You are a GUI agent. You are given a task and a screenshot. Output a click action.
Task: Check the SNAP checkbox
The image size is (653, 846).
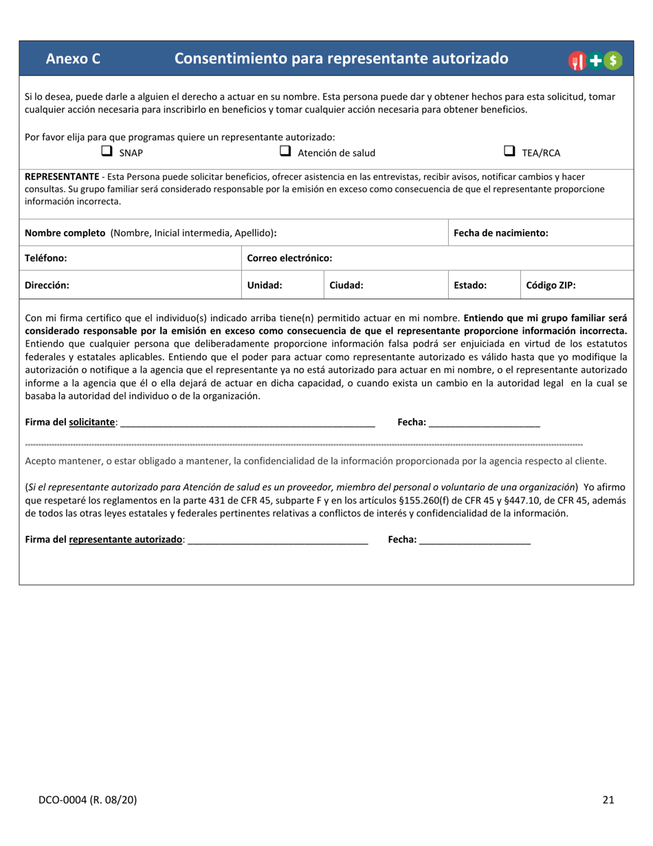pyautogui.click(x=107, y=151)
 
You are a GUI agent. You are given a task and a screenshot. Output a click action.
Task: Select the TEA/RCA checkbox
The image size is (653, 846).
pyautogui.click(x=510, y=151)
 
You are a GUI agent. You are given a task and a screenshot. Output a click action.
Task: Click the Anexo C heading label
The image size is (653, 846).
pyautogui.click(x=73, y=59)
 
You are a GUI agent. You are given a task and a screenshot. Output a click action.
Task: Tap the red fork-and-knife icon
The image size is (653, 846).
pyautogui.click(x=577, y=61)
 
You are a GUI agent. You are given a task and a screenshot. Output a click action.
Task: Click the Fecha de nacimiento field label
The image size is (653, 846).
pyautogui.click(x=501, y=232)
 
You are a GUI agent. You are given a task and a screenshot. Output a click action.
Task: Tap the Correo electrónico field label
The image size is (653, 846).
pyautogui.click(x=289, y=258)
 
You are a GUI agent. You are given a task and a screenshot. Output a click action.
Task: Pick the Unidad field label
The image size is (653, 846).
pyautogui.click(x=265, y=285)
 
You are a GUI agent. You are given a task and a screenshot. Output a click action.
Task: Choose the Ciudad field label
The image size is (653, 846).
pyautogui.click(x=346, y=285)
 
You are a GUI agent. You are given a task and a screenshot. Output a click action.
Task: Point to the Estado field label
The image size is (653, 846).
pyautogui.click(x=471, y=285)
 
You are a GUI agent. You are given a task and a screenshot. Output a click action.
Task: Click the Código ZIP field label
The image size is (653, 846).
pyautogui.click(x=551, y=285)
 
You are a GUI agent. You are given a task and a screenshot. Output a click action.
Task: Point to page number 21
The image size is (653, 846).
pyautogui.click(x=608, y=799)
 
